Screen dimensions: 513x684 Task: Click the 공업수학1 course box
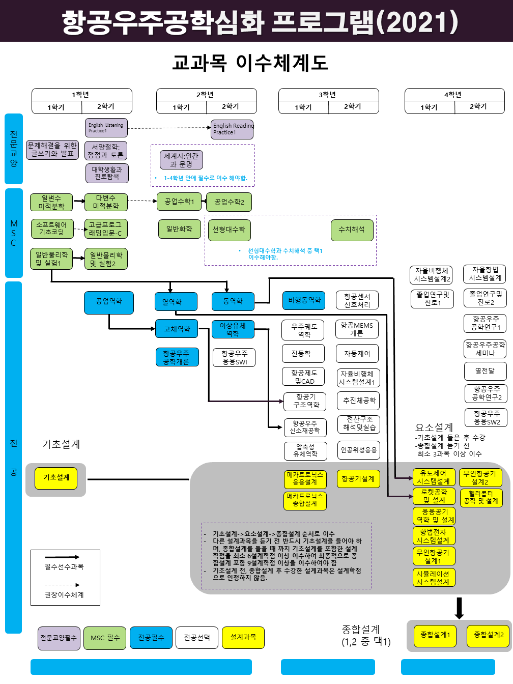pyautogui.click(x=179, y=202)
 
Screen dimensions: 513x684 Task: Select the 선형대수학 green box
pyautogui.click(x=229, y=230)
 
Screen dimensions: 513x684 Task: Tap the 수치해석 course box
pyautogui.click(x=352, y=230)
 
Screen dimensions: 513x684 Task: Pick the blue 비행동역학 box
pyautogui.click(x=304, y=300)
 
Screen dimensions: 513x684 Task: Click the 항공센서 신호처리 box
pyautogui.click(x=357, y=300)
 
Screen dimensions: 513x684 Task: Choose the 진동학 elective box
pyautogui.click(x=303, y=353)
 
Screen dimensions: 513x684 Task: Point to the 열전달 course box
pyautogui.click(x=486, y=371)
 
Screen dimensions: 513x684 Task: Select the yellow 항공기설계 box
pyautogui.click(x=358, y=478)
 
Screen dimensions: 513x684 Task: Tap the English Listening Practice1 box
pyautogui.click(x=106, y=128)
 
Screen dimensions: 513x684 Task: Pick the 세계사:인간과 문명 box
pyautogui.click(x=181, y=160)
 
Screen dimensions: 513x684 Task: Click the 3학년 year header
pyautogui.click(x=329, y=95)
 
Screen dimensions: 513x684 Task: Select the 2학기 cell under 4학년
pyautogui.click(x=479, y=107)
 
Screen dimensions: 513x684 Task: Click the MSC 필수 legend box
pyautogui.click(x=105, y=638)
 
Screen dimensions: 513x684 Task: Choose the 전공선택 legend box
pyautogui.click(x=197, y=638)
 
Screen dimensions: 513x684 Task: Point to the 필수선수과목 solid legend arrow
pyautogui.click(x=62, y=557)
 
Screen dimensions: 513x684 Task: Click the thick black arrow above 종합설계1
pyautogui.click(x=459, y=608)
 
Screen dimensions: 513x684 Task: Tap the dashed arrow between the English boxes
pyautogui.click(x=169, y=128)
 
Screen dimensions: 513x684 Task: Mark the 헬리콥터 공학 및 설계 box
pyautogui.click(x=481, y=497)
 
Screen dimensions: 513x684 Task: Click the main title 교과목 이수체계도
pyautogui.click(x=250, y=63)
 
